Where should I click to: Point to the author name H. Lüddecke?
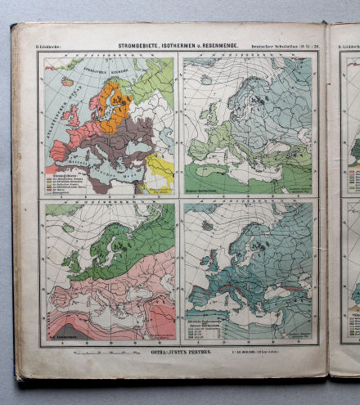[47, 47]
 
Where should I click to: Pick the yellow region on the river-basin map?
[160, 169]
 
